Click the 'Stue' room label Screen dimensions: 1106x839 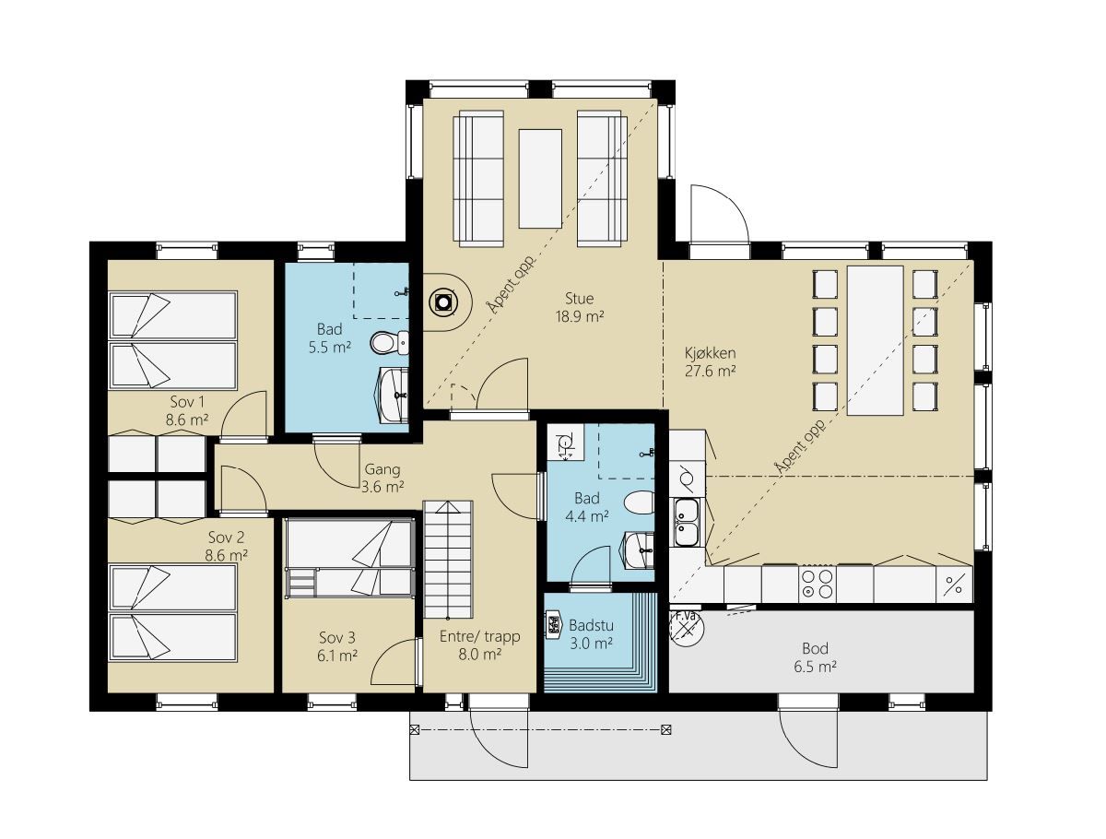pos(579,299)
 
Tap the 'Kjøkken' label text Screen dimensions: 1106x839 pos(710,353)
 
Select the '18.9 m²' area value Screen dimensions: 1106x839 pos(580,316)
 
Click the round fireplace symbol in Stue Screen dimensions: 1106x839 pos(443,302)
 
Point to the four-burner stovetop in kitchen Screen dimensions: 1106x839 pos(817,584)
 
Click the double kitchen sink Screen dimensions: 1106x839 pos(687,522)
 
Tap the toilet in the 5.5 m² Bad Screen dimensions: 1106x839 pos(389,343)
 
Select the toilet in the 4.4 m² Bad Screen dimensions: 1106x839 pos(639,502)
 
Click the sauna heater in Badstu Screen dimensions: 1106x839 pos(553,625)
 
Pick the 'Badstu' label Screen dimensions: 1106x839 pos(591,625)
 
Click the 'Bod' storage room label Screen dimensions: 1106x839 pos(815,648)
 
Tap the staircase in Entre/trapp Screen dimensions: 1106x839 pos(447,559)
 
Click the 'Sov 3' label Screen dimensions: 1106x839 pos(337,637)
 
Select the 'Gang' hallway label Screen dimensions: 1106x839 pos(382,469)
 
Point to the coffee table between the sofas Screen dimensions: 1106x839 pos(540,178)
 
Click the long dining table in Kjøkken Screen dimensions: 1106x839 pos(875,340)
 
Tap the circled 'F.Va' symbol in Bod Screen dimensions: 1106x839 pos(687,628)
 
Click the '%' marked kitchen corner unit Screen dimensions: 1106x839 pos(954,585)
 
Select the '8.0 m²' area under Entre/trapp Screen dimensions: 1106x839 pos(479,654)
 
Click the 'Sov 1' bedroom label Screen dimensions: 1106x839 pos(187,402)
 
